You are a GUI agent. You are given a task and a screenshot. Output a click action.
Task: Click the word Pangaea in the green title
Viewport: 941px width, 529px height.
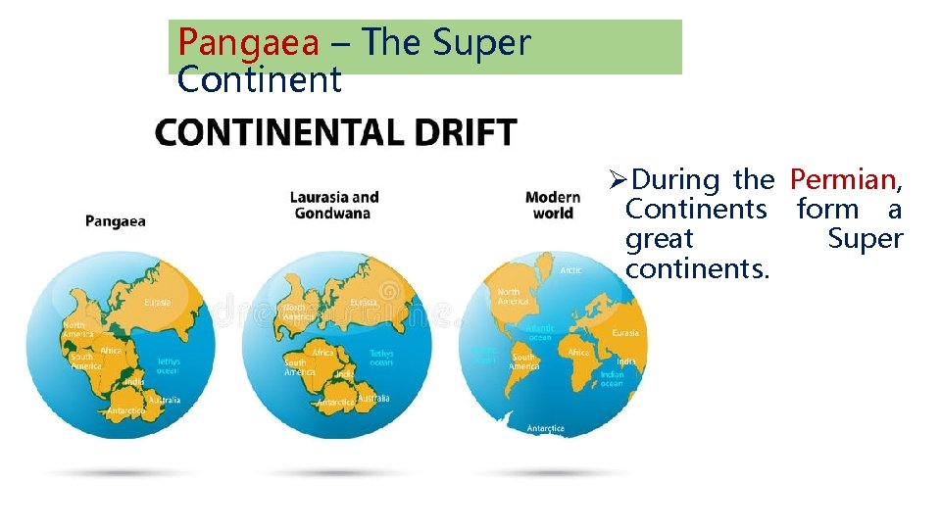click(x=248, y=43)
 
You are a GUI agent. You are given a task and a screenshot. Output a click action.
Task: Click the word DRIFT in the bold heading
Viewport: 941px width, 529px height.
click(x=463, y=133)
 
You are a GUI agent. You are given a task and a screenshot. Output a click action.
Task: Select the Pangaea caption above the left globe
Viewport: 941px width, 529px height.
click(x=115, y=221)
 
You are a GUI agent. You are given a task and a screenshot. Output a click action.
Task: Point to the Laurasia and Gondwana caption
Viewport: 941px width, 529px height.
click(x=334, y=206)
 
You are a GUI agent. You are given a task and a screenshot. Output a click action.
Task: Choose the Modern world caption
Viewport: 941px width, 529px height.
click(x=553, y=206)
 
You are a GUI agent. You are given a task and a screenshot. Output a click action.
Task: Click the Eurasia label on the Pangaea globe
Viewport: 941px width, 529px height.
click(x=157, y=303)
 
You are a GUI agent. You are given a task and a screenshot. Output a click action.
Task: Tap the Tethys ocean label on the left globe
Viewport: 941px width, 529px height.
click(x=170, y=365)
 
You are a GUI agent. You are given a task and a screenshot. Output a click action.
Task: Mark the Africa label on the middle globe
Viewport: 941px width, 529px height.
click(x=322, y=352)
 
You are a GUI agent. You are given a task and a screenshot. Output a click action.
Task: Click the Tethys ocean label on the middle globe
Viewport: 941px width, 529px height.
click(x=381, y=358)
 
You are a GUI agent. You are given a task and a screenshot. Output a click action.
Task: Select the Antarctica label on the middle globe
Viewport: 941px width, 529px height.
click(x=335, y=402)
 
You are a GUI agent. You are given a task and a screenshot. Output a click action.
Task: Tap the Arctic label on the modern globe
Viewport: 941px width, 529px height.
click(x=570, y=269)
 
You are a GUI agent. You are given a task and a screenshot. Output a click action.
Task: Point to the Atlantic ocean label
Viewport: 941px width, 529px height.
click(x=540, y=333)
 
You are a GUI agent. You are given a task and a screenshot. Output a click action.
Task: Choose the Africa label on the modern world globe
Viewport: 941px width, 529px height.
click(x=578, y=353)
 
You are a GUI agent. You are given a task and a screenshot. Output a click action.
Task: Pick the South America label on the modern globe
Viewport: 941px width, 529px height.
click(x=524, y=361)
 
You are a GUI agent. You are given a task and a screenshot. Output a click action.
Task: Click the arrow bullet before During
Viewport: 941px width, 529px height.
click(x=616, y=181)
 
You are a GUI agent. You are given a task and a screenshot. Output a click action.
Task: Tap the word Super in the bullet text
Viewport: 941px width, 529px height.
click(x=865, y=239)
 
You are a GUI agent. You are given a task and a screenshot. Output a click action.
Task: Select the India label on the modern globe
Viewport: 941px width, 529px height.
click(x=625, y=361)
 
